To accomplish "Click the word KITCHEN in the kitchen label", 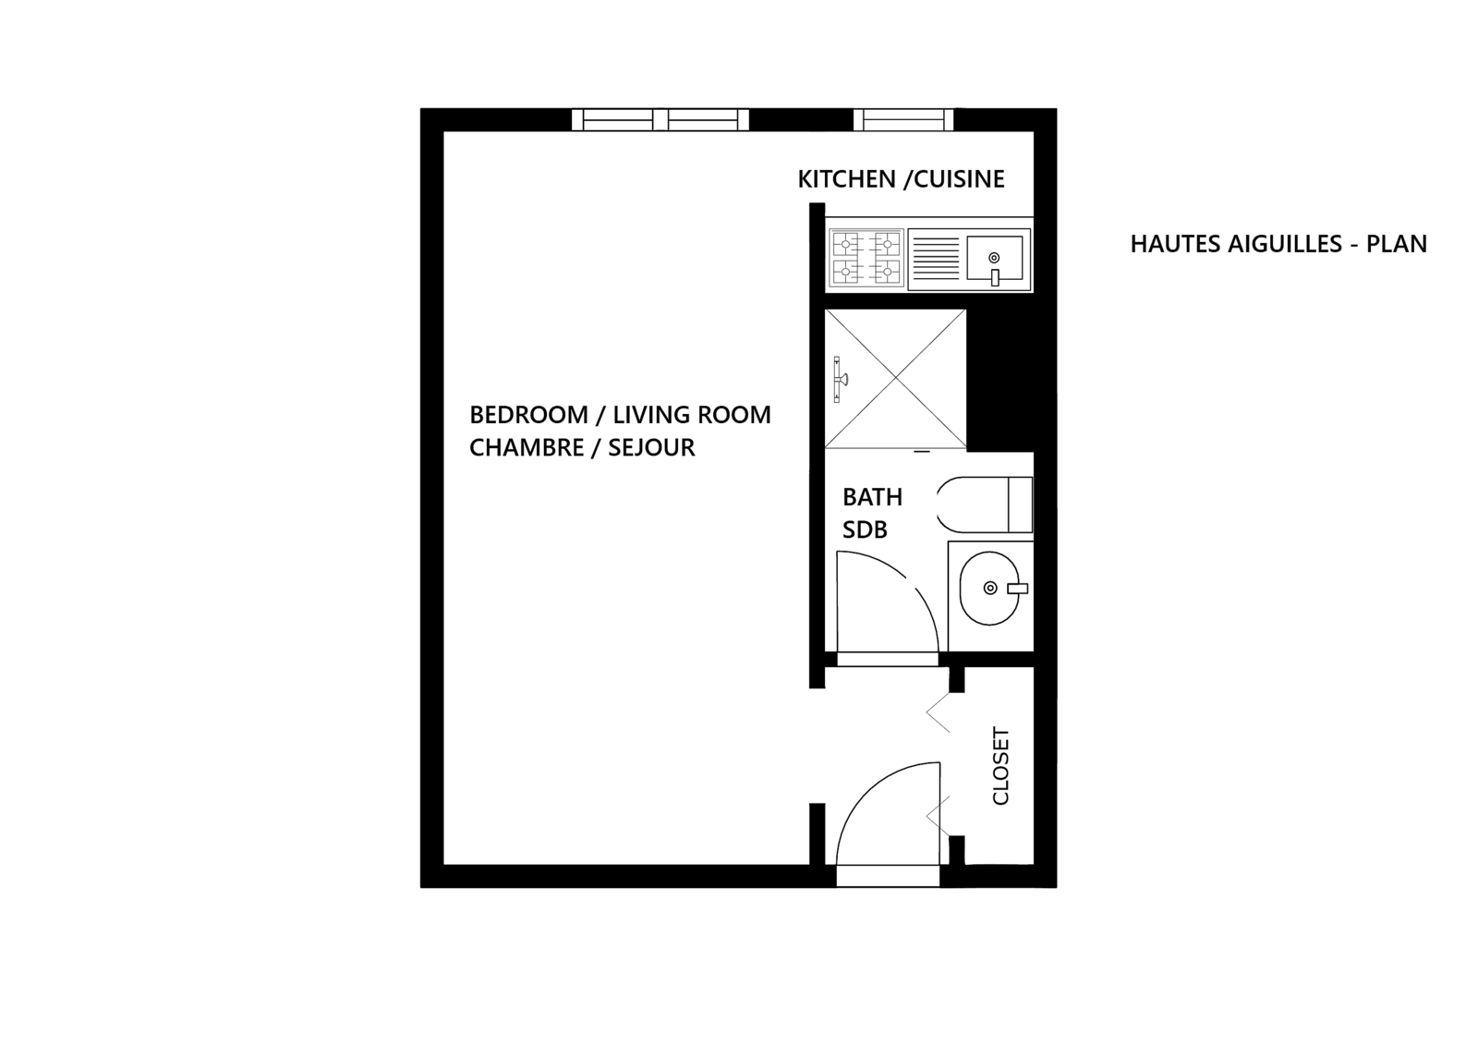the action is (x=846, y=179).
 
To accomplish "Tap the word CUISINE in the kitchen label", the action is (x=959, y=179).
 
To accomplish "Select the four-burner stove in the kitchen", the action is (x=867, y=259).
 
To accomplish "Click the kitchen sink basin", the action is (x=995, y=258).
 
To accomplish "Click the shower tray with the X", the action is (x=895, y=379).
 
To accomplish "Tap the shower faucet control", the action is (x=840, y=380).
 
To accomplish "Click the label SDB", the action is (x=865, y=529).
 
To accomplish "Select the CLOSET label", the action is (x=1001, y=766).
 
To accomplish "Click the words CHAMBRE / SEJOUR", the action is (x=582, y=448).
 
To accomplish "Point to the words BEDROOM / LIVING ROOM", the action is (x=620, y=415).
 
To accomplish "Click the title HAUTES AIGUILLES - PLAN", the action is (x=1278, y=244).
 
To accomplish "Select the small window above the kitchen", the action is (x=903, y=120).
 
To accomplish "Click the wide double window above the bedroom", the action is (x=660, y=120).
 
